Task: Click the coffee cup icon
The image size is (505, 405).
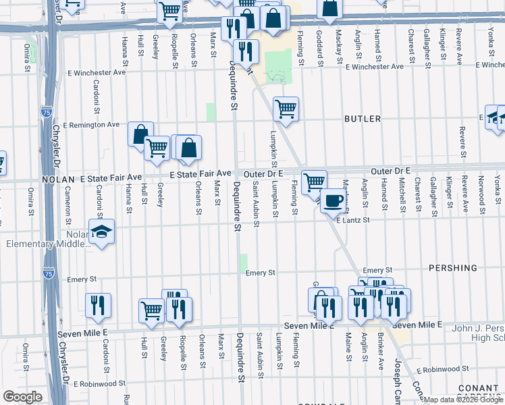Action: [333, 200]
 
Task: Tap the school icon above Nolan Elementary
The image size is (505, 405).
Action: [101, 232]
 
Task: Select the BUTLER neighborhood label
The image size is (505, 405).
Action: [363, 119]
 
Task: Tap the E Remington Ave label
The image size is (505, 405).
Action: [91, 125]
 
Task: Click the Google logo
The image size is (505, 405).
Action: [22, 397]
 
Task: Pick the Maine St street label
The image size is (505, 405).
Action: [348, 348]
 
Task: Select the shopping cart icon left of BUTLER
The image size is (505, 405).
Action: [286, 107]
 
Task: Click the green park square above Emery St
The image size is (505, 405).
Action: [244, 263]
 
